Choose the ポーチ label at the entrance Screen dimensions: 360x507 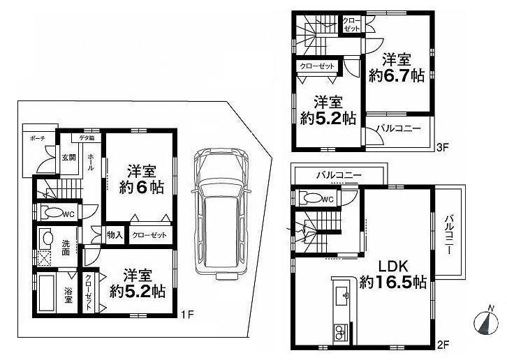(37, 139)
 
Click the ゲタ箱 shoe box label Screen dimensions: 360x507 (87, 138)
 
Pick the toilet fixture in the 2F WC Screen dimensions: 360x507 (308, 199)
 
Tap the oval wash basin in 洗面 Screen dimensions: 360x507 (47, 239)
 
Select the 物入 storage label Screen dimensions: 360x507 (115, 235)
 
